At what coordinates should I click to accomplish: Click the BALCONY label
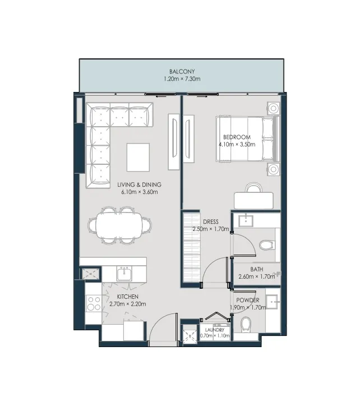182,72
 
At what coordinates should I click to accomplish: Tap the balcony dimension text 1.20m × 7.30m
182,79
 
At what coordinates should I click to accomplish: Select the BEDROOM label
237,137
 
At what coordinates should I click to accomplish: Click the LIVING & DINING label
140,184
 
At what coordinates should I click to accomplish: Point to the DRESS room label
211,222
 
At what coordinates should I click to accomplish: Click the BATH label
257,269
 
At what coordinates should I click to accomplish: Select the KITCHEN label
128,297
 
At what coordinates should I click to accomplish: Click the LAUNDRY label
214,330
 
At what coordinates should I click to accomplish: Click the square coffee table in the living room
139,158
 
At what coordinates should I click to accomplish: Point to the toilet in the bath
267,244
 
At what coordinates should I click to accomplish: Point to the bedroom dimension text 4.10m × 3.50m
237,144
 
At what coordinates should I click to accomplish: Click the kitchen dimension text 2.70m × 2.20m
128,304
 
